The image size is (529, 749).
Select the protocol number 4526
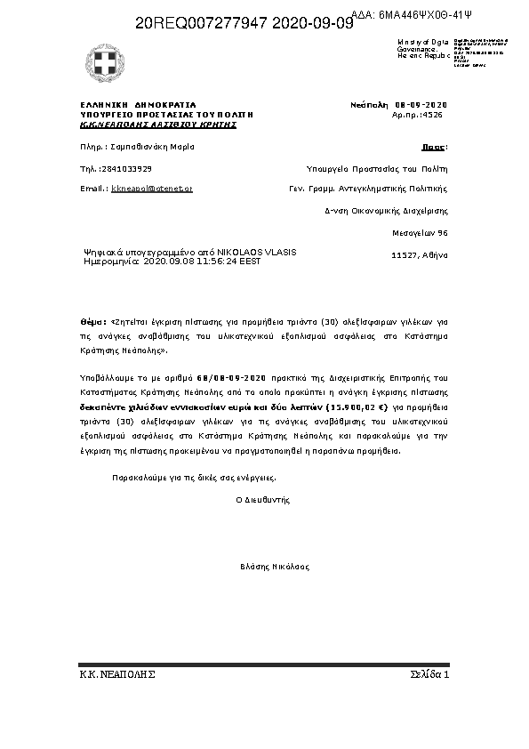(432, 115)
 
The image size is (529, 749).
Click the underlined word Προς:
(434, 146)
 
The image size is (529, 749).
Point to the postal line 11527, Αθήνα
(420, 255)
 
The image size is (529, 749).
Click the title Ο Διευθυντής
(262, 500)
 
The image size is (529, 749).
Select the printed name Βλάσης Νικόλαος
(274, 566)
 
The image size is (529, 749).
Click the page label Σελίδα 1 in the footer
(430, 674)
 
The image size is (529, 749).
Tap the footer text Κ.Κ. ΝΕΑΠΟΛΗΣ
(117, 674)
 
